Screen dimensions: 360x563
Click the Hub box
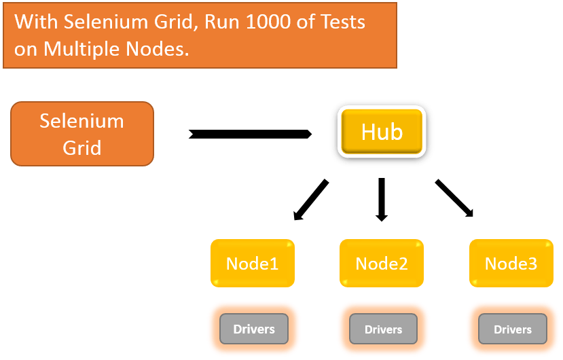[x=382, y=131]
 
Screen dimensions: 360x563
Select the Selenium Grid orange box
[x=82, y=134]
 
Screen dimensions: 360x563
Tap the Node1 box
[x=252, y=264]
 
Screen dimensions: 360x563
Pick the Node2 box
[x=382, y=264]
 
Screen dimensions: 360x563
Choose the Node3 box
[x=511, y=264]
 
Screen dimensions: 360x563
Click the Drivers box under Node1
[x=254, y=329]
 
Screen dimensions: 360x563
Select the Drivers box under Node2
[x=383, y=329]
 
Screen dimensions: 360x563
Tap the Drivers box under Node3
[x=513, y=329]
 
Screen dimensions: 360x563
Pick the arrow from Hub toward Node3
[x=454, y=198]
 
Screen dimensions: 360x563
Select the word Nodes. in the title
[x=156, y=49]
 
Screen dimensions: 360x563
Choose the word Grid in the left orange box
[x=82, y=147]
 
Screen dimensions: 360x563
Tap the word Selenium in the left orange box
[x=82, y=121]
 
